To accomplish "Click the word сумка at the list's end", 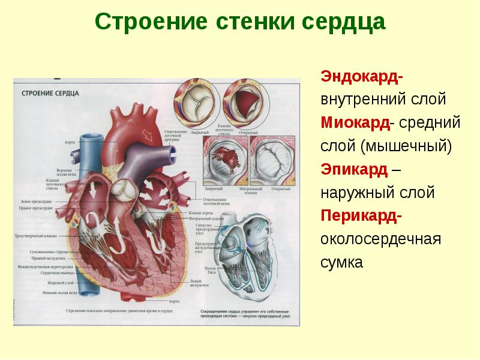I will pyautogui.click(x=342, y=263).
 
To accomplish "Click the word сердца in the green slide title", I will pyautogui.click(x=341, y=23).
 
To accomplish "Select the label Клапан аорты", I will pyautogui.click(x=199, y=214).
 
